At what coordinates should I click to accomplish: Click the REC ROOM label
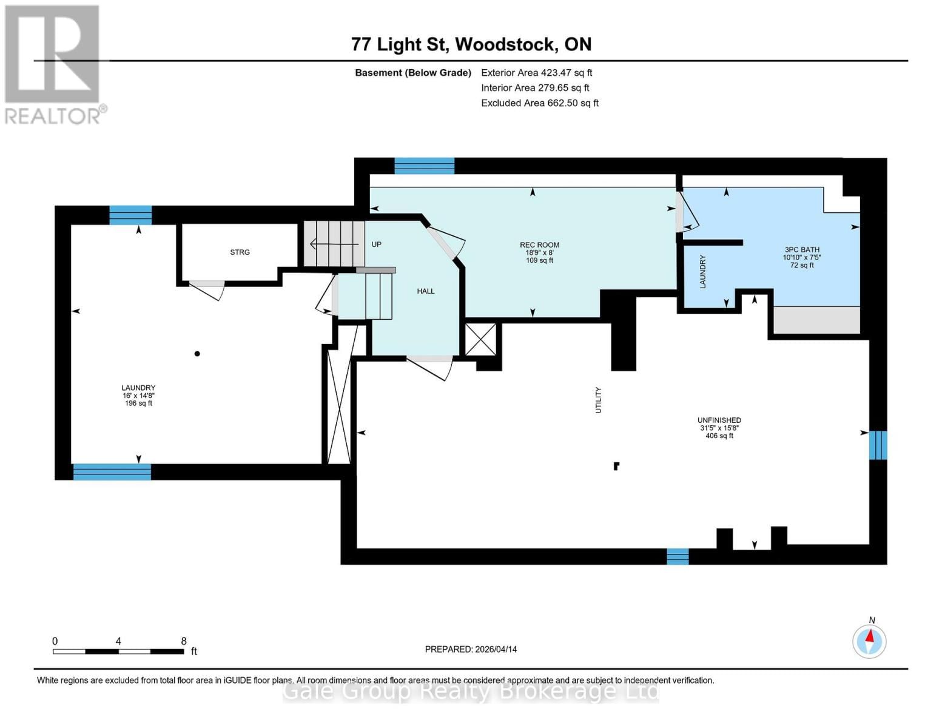539,245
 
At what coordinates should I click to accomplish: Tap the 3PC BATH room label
802,249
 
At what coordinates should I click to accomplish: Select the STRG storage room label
240,252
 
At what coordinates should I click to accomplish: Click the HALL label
426,291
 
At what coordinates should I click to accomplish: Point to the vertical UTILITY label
598,400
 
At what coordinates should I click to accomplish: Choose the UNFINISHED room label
719,420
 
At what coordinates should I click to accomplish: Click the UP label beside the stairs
377,244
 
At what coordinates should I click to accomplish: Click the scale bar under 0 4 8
118,652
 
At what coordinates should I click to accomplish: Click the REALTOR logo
53,64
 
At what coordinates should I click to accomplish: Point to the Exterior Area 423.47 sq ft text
536,73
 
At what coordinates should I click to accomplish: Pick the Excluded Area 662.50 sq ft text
540,103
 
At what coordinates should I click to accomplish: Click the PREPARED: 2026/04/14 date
471,649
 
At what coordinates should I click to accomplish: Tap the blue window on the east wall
878,445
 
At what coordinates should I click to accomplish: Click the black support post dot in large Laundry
197,354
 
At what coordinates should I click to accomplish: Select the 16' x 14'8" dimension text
138,396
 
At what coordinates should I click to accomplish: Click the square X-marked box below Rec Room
480,339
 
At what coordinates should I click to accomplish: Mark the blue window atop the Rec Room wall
424,166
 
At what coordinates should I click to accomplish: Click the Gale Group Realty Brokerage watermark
471,691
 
